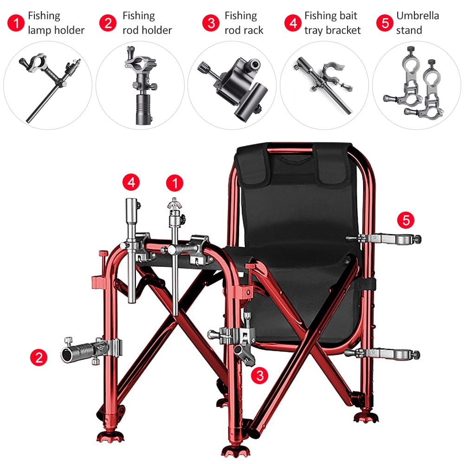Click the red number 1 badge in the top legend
(16, 23)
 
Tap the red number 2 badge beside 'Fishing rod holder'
(108, 23)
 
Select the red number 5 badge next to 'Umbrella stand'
(385, 23)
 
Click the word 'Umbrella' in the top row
(418, 15)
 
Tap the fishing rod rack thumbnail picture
(232, 86)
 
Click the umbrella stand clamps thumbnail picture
(416, 86)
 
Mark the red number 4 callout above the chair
(131, 182)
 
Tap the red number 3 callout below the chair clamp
(259, 375)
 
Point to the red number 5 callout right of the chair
(406, 220)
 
